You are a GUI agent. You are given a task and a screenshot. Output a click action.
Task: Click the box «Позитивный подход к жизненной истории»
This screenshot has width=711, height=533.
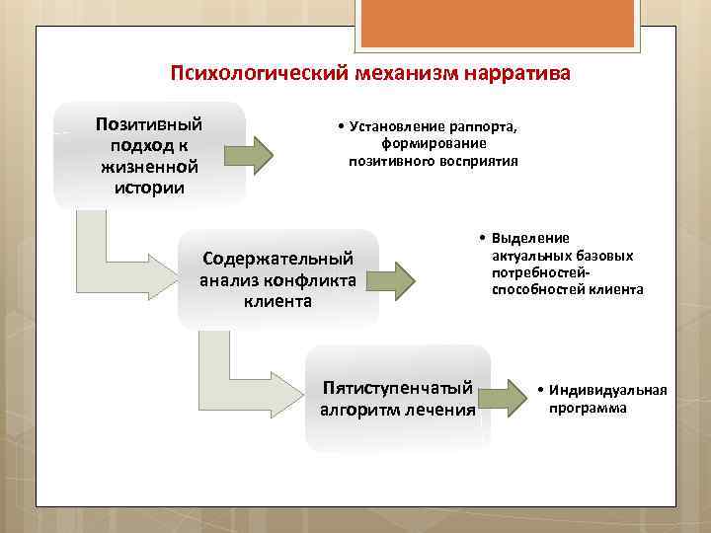click(x=149, y=155)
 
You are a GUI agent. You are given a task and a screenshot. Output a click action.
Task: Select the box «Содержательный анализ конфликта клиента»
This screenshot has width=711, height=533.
click(x=277, y=279)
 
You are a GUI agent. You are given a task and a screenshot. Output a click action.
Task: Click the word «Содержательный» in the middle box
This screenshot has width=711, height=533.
click(x=277, y=259)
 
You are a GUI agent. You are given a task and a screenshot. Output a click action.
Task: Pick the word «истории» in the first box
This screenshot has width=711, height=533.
click(x=149, y=188)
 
